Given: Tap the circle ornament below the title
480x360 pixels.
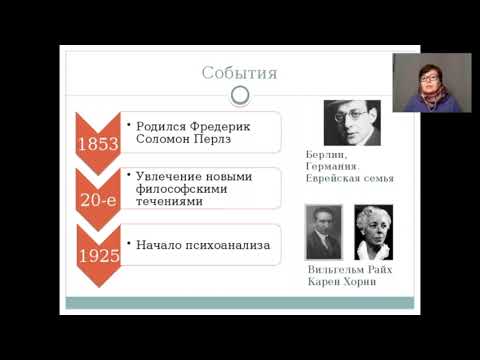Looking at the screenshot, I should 240,95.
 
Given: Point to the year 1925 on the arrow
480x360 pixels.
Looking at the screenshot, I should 98,255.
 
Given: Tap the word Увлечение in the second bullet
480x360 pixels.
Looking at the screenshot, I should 167,177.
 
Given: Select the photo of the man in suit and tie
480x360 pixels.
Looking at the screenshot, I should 323,232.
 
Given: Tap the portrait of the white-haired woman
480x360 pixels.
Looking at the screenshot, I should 373,232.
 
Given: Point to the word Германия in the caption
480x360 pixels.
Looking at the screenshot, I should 334,168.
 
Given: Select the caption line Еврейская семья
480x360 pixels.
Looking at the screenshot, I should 350,179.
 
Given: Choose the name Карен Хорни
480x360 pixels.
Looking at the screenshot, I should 342,283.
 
